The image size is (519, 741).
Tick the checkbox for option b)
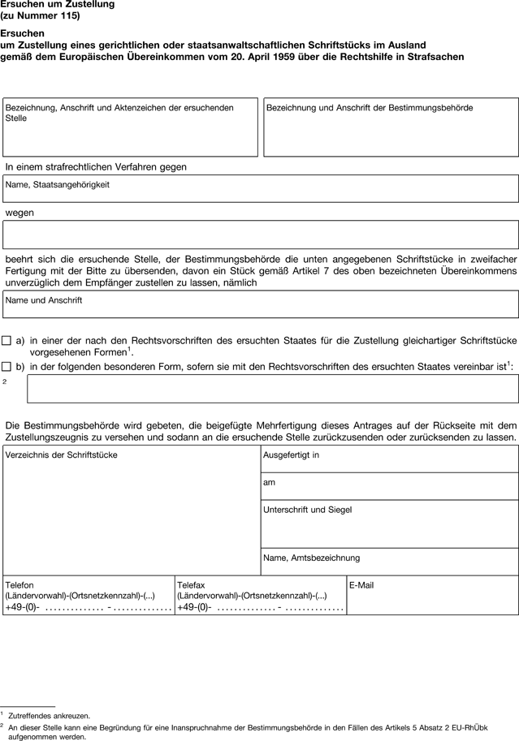click(6, 366)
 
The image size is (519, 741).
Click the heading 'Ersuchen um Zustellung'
click(57, 5)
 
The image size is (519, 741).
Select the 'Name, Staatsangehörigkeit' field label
click(58, 185)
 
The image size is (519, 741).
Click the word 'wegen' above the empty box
click(19, 213)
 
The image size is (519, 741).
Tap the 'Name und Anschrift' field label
click(44, 300)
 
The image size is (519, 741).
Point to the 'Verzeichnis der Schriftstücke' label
click(62, 455)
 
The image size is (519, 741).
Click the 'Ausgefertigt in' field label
click(292, 455)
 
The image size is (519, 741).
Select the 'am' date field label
click(270, 482)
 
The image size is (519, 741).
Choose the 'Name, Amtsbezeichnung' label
click(312, 558)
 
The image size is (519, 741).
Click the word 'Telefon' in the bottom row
click(19, 585)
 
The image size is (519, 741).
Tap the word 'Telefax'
click(193, 585)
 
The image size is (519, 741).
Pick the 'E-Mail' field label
click(362, 585)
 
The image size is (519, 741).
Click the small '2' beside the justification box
click(5, 381)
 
